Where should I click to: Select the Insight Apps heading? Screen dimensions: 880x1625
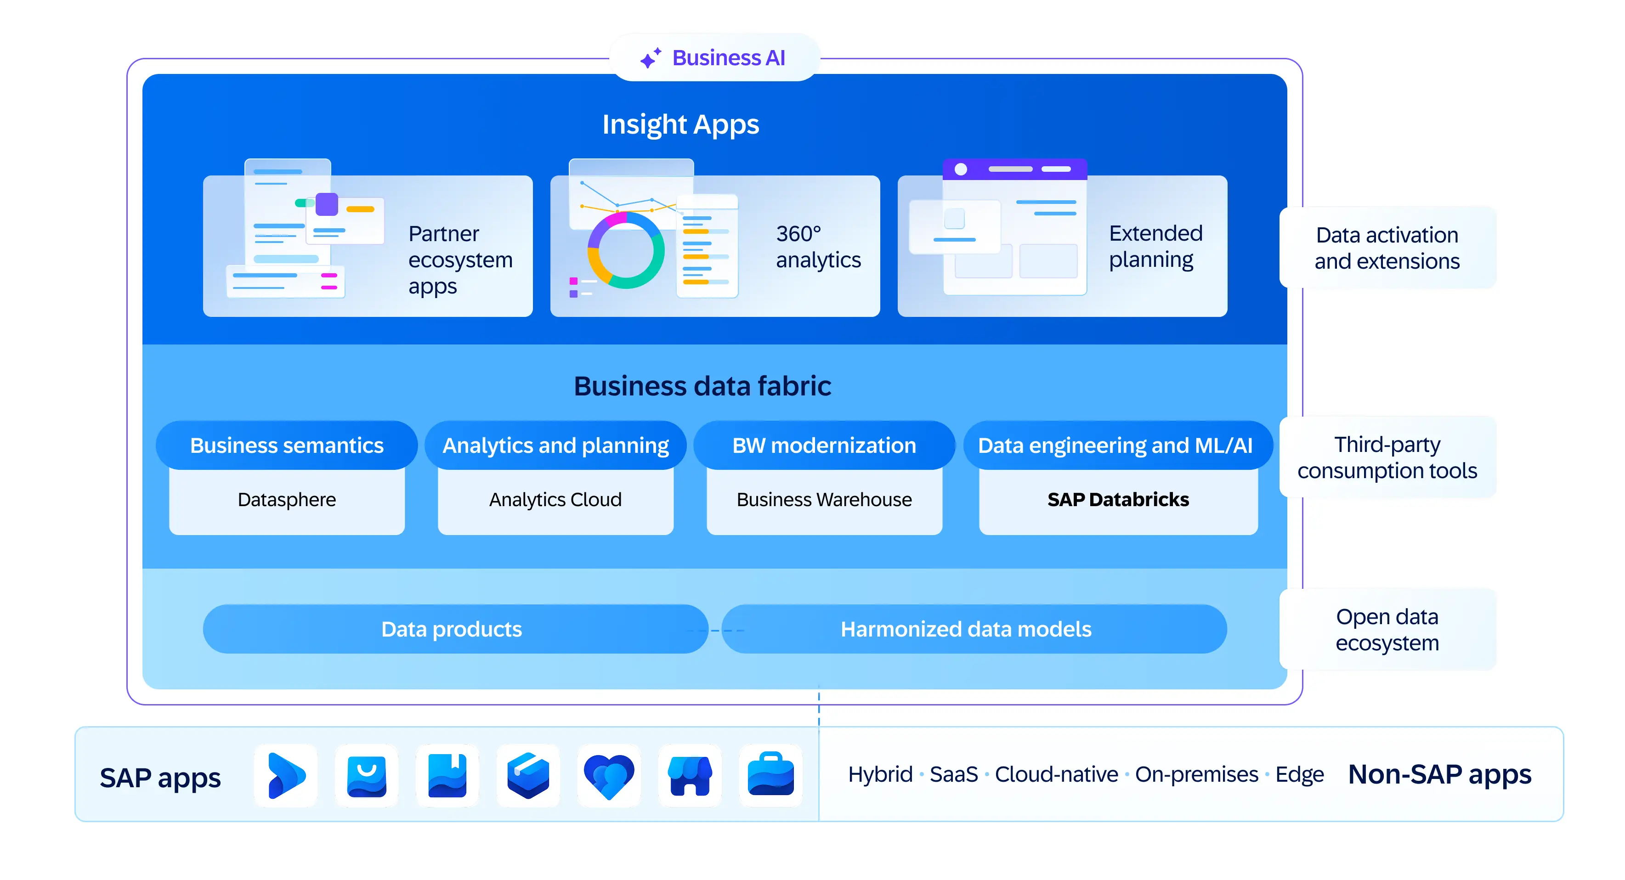point(680,124)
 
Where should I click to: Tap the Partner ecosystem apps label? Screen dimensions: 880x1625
point(460,259)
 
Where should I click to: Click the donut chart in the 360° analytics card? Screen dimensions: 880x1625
point(625,250)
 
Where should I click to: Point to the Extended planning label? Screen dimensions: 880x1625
point(1155,246)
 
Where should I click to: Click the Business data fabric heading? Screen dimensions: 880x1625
point(702,386)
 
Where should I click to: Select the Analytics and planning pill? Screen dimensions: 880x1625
point(555,446)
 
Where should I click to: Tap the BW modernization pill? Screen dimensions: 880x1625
point(824,446)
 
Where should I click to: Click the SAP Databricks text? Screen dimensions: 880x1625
point(1118,500)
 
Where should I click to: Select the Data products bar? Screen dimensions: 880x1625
point(452,629)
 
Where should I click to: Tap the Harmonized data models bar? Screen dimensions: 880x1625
point(965,629)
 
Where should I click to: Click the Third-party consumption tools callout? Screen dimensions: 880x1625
point(1387,457)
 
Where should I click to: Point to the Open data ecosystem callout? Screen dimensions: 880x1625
point(1387,630)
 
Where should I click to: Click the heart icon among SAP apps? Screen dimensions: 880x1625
point(609,776)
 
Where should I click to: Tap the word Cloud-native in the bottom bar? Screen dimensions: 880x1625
point(1056,774)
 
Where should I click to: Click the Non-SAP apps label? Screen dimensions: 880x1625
point(1439,774)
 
